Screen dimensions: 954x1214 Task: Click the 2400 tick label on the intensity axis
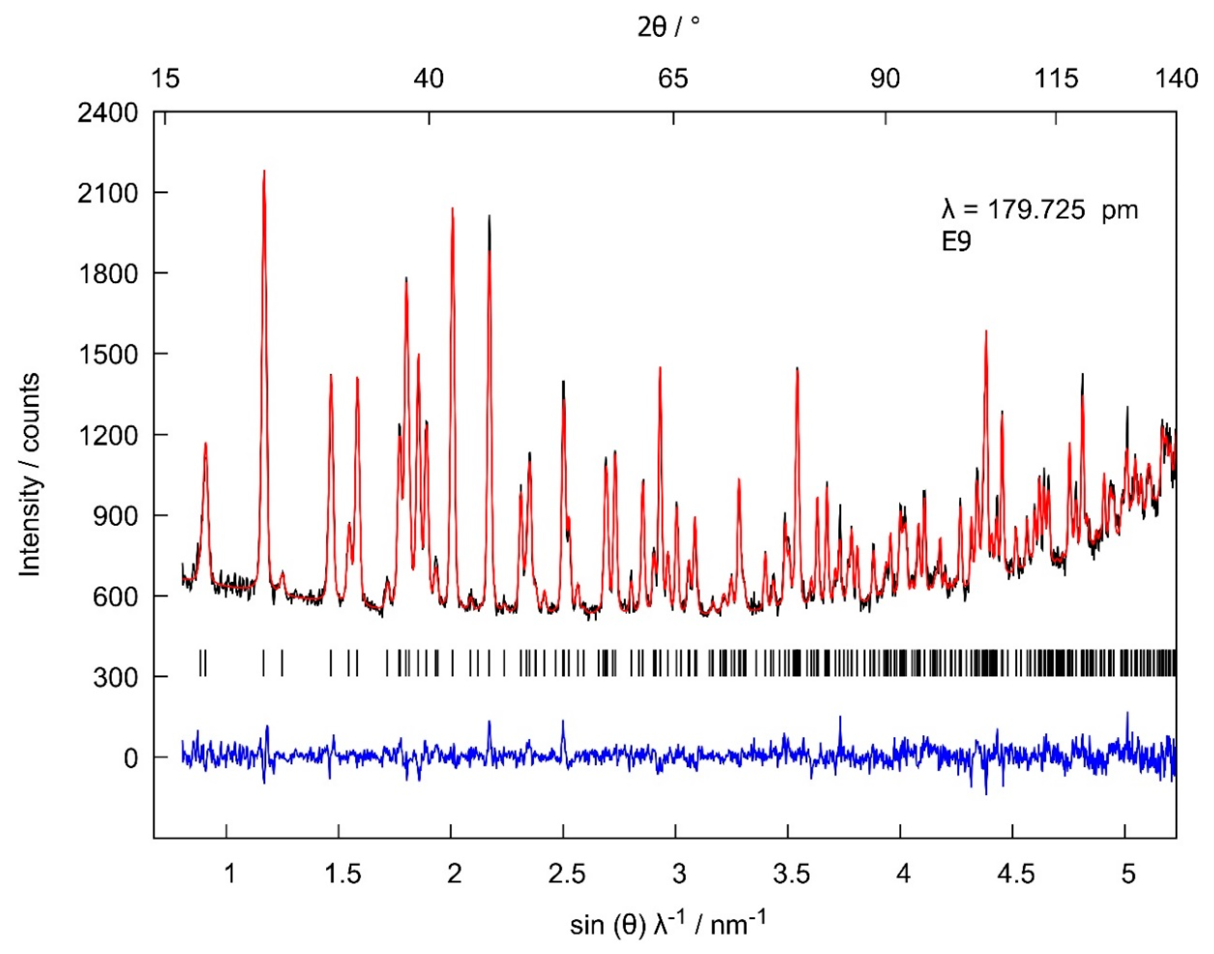(x=107, y=113)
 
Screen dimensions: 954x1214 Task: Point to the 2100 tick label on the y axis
(x=107, y=194)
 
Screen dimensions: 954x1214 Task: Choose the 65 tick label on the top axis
(x=673, y=79)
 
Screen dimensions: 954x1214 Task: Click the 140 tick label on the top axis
(x=1176, y=79)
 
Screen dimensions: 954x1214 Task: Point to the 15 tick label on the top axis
(x=165, y=79)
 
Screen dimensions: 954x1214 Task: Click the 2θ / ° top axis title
(x=668, y=26)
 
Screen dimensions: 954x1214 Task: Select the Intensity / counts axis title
(x=30, y=475)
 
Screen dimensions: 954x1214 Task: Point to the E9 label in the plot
(x=957, y=242)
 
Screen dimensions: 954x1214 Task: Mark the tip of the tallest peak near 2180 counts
(x=264, y=171)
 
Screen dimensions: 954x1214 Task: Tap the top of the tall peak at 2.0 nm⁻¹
(x=452, y=208)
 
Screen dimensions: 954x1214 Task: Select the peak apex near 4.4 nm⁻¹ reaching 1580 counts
(x=986, y=331)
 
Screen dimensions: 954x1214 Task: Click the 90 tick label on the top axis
(x=885, y=79)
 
